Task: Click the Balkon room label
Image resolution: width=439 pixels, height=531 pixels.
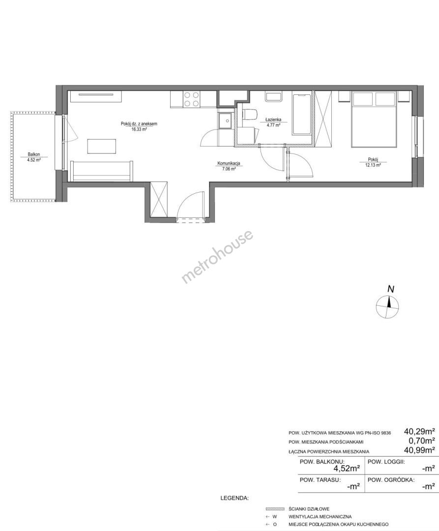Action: tap(34, 154)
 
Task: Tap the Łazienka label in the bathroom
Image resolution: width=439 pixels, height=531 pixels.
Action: tap(273, 119)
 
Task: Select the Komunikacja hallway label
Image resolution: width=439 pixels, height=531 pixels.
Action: tap(229, 164)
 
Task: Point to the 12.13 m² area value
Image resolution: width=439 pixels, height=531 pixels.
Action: tap(373, 165)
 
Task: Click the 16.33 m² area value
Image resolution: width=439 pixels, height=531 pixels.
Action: tap(139, 129)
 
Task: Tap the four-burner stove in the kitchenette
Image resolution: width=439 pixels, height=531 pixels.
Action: tap(191, 99)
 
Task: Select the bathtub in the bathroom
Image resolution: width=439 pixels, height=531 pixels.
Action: tap(301, 114)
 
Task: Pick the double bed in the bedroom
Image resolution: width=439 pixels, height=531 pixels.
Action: tap(374, 119)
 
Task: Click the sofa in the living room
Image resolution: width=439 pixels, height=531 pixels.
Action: tap(102, 172)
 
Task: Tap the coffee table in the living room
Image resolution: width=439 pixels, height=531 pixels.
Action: tap(102, 146)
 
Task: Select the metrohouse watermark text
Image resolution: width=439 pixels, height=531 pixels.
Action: tap(217, 257)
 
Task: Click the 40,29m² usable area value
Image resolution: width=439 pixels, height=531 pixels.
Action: tap(419, 432)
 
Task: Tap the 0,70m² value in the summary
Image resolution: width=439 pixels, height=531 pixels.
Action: tap(422, 441)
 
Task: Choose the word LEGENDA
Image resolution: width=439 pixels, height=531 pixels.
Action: tap(234, 498)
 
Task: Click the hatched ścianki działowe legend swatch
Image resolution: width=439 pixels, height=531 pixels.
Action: tap(275, 509)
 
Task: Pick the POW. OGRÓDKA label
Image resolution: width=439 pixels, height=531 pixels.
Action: tap(391, 480)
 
